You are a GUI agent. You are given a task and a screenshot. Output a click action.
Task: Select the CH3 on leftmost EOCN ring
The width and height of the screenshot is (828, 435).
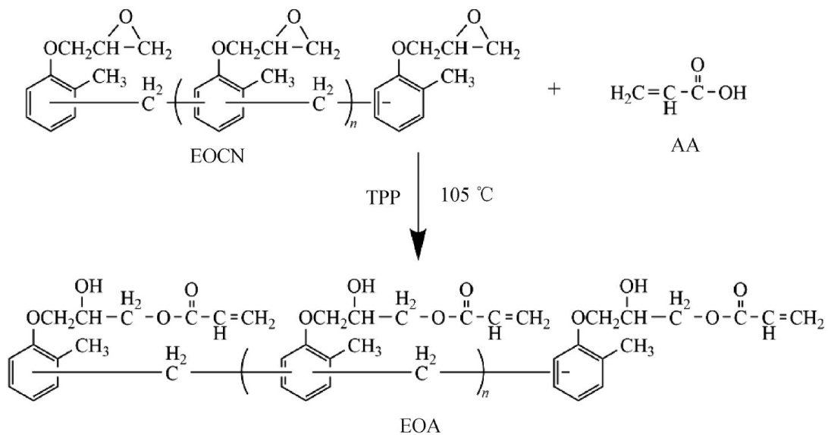[106, 78]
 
